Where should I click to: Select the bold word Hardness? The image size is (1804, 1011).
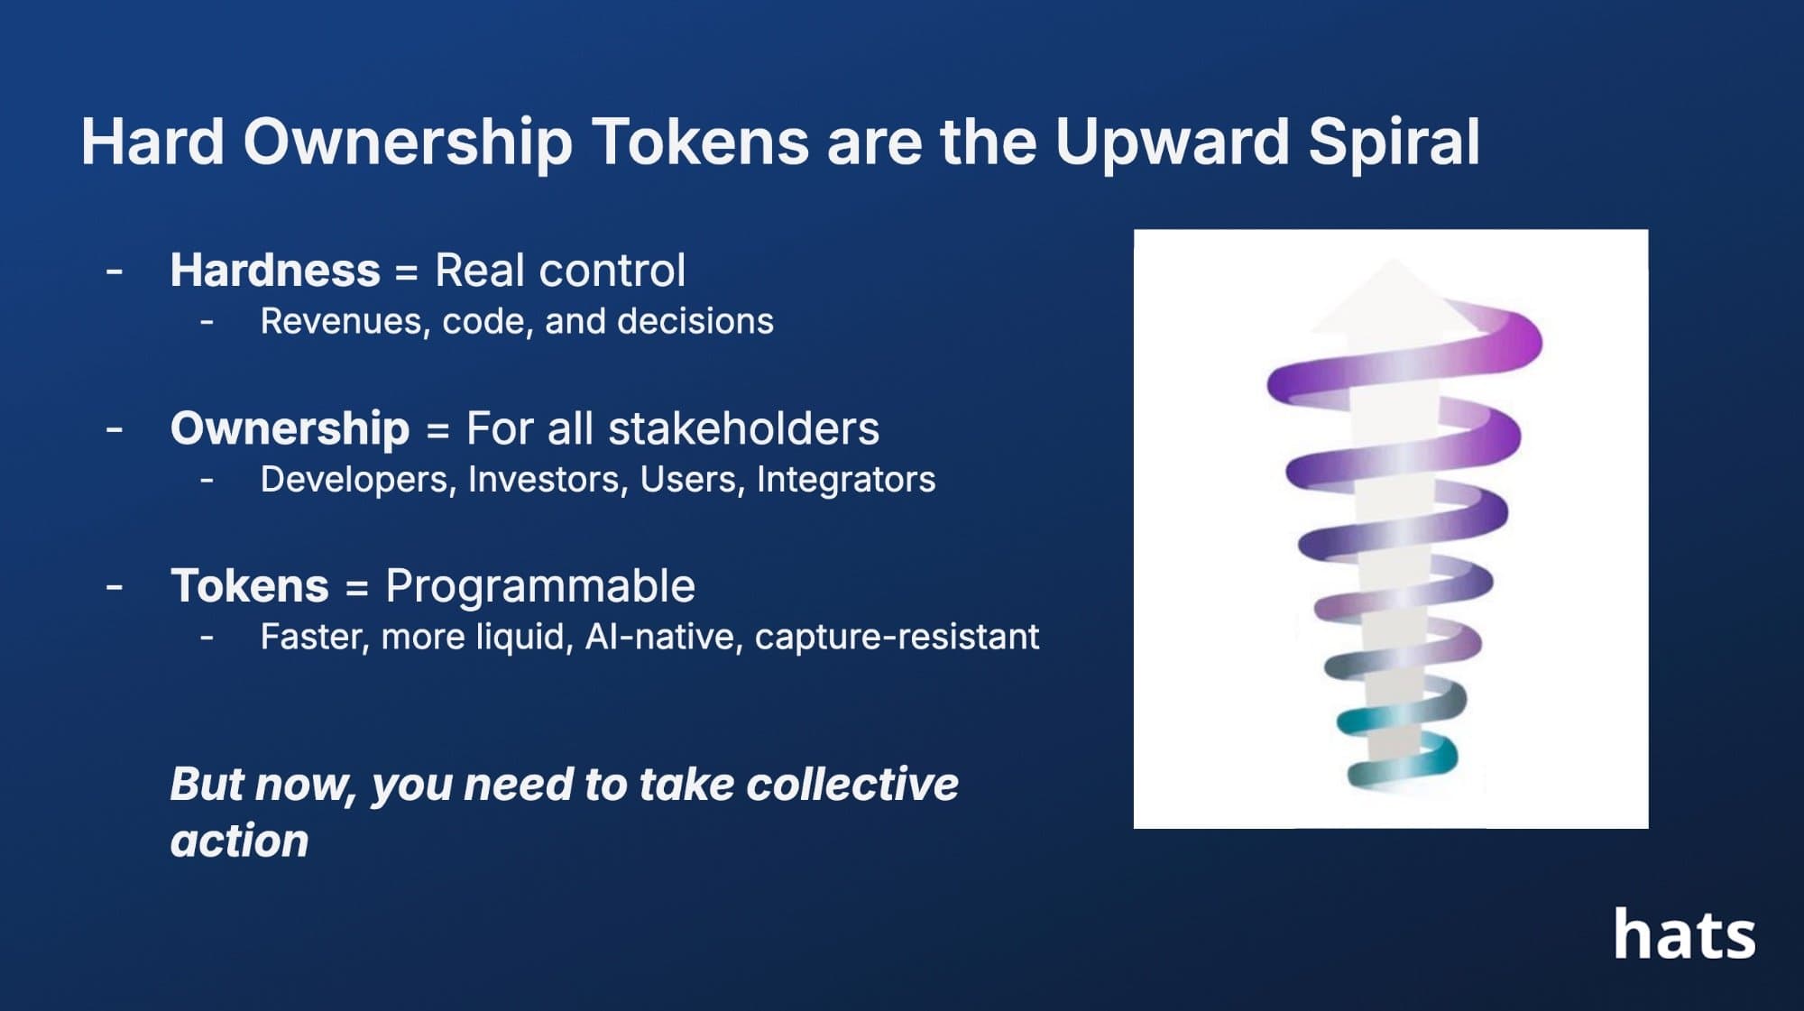pos(275,270)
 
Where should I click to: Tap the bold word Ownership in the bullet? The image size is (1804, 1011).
pos(290,429)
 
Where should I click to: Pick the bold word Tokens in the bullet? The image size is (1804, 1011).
pos(250,586)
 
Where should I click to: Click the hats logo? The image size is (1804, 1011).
pos(1684,934)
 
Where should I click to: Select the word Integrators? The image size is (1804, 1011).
pos(845,480)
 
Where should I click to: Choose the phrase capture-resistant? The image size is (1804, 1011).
pos(897,638)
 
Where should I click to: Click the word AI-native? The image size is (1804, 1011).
pos(664,637)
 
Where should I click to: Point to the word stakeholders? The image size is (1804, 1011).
pos(743,428)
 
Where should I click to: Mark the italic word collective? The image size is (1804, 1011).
pos(852,784)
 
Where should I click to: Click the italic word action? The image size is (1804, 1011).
pos(240,841)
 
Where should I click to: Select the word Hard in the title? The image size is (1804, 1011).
pos(152,142)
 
